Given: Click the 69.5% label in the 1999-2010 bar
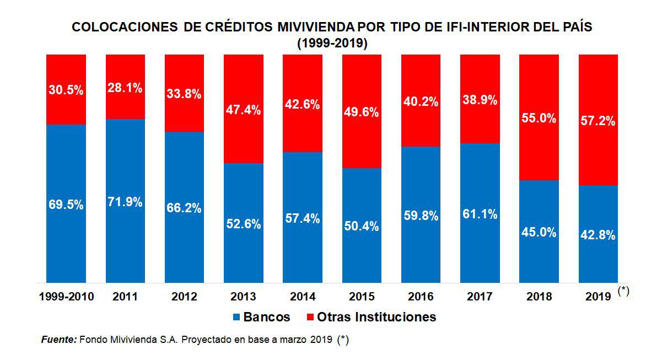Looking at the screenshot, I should click(x=66, y=205).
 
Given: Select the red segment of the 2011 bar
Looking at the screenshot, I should click(x=125, y=105).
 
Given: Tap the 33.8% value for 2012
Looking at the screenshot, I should click(x=184, y=94).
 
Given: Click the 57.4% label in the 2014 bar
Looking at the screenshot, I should click(x=303, y=219).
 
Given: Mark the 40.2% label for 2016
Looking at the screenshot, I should click(x=421, y=102).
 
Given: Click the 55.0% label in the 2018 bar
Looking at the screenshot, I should click(x=539, y=118).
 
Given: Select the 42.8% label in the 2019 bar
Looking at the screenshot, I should click(x=598, y=235).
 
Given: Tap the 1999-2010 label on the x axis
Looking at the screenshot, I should click(x=67, y=297).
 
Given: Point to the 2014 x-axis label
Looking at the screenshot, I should click(x=303, y=297).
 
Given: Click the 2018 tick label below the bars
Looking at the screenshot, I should click(x=539, y=297).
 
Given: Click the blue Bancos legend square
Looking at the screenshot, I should click(x=237, y=318).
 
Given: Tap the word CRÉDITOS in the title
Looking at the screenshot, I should click(x=243, y=27).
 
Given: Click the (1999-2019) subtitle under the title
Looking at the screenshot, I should click(x=332, y=43).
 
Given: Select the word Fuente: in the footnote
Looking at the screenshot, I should click(x=59, y=340).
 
